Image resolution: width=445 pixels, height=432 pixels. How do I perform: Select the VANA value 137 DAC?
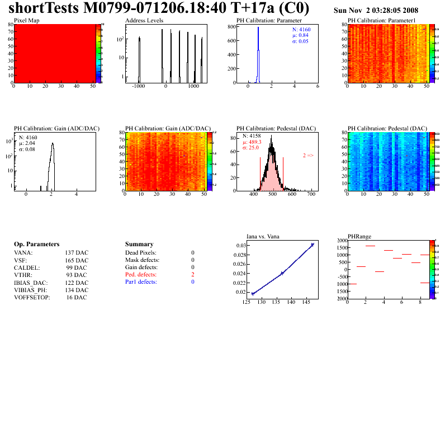77,253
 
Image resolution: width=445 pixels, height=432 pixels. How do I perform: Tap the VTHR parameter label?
23,275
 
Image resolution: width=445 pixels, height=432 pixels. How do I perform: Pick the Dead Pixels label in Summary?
141,253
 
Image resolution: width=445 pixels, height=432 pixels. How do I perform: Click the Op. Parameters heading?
36,245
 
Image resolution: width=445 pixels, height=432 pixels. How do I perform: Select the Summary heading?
139,245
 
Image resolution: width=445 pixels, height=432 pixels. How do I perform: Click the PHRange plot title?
359,236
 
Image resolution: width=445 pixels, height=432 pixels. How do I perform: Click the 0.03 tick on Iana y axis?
240,246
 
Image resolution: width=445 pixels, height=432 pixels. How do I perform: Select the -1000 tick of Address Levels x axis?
139,87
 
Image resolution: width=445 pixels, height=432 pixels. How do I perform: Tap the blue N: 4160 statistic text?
302,29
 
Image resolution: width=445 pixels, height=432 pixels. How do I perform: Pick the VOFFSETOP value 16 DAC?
77,297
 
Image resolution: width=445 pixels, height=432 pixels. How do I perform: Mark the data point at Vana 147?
312,245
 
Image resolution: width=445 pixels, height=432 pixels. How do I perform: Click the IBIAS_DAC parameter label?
30,283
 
